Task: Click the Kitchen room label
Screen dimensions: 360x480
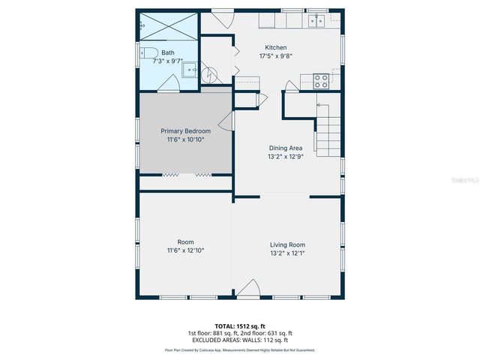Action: (274, 47)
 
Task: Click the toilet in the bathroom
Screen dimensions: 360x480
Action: (147, 52)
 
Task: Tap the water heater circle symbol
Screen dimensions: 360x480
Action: (211, 74)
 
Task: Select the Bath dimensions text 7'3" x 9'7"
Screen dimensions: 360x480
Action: (167, 61)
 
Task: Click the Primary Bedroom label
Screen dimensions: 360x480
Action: (185, 130)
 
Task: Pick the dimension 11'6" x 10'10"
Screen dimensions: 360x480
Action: (185, 139)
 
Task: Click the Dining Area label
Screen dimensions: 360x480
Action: (286, 148)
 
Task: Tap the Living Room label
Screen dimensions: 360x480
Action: (287, 244)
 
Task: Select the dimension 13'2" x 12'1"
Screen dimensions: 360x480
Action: (287, 253)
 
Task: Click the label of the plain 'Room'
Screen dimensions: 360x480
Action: (185, 241)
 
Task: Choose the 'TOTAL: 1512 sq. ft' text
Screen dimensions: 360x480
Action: (239, 326)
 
